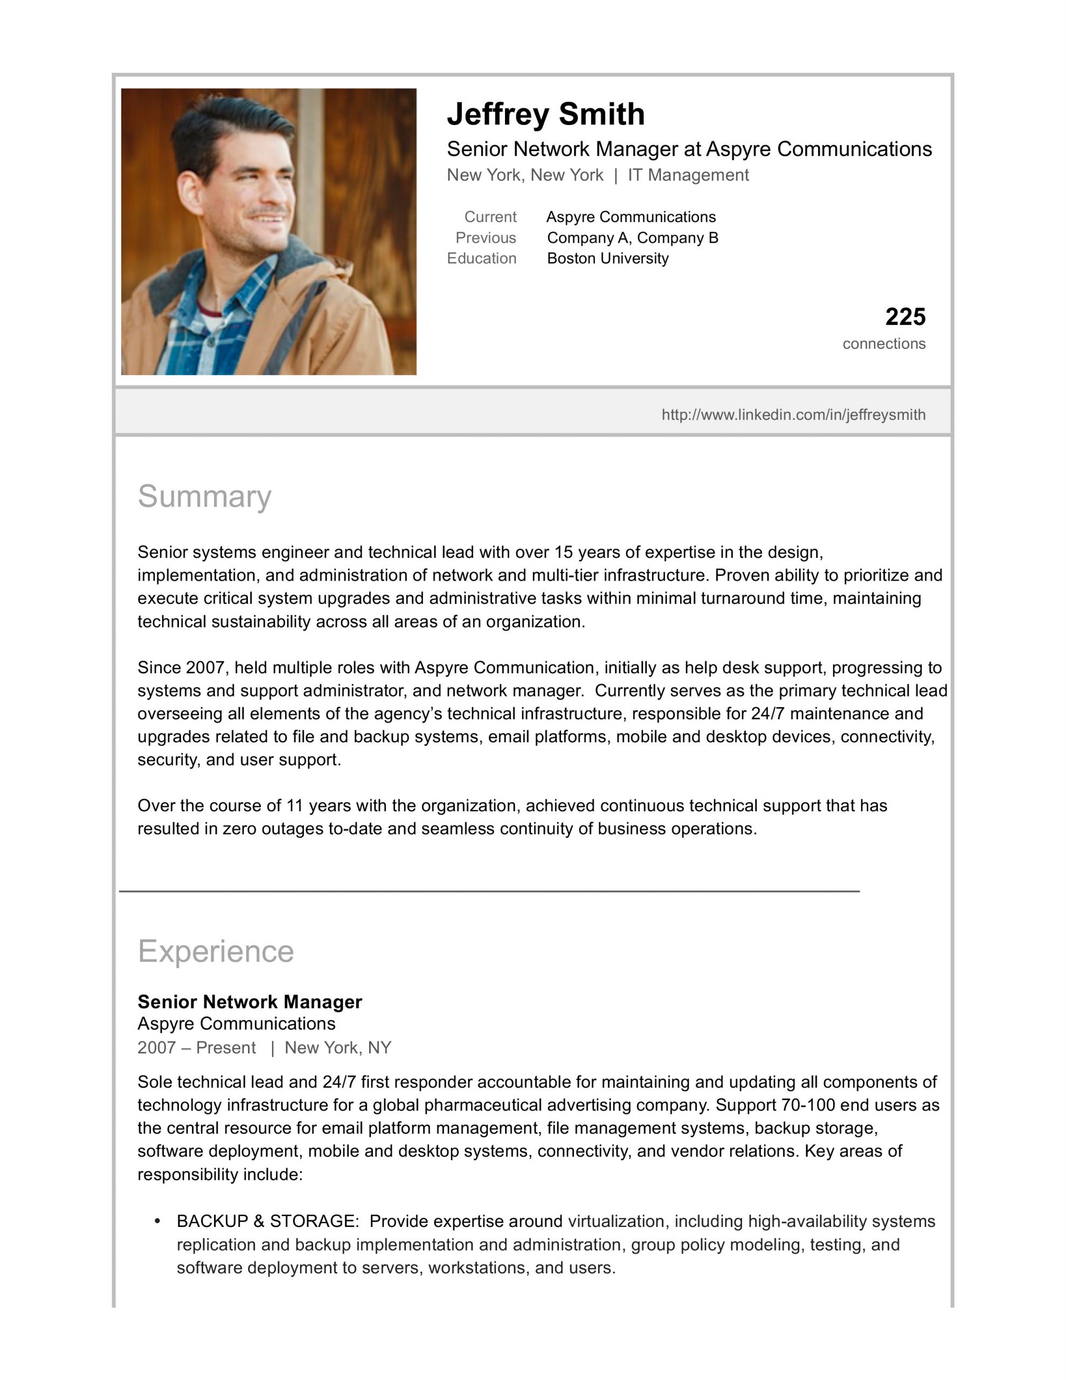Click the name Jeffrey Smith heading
tap(545, 114)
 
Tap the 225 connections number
tap(905, 316)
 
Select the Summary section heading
tap(204, 496)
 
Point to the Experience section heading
tap(216, 951)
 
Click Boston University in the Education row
tap(607, 258)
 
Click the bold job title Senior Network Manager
tap(250, 1002)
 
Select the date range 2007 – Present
tap(197, 1047)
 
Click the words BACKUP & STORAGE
tap(267, 1221)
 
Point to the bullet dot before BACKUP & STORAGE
tap(157, 1221)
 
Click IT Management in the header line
tap(688, 175)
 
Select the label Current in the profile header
tap(490, 217)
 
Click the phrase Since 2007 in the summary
tap(181, 667)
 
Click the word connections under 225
tap(883, 344)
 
